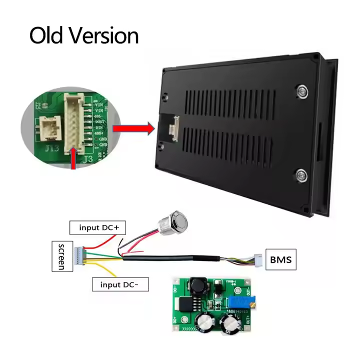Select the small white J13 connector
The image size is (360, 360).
click(x=50, y=128)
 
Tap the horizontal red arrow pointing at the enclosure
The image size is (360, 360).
click(x=133, y=128)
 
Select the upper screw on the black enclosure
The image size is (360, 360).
click(x=301, y=90)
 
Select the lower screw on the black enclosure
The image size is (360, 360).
click(x=301, y=174)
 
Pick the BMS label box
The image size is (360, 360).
click(x=280, y=259)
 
